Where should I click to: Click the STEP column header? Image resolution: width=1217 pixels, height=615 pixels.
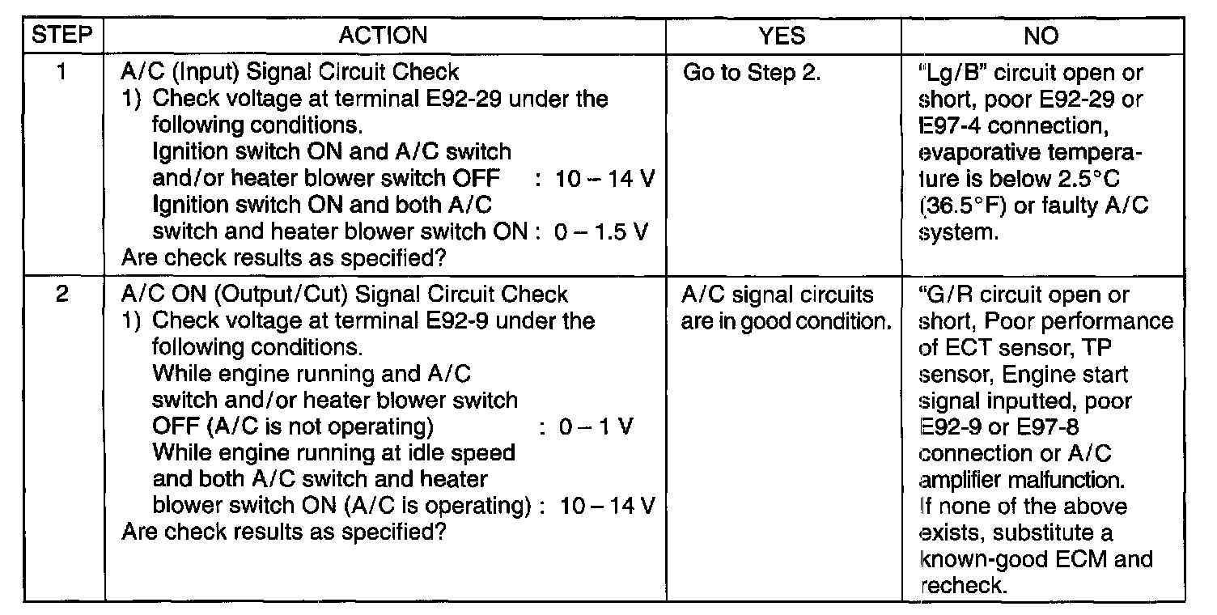(64, 35)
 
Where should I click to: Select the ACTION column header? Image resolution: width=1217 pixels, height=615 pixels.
(384, 35)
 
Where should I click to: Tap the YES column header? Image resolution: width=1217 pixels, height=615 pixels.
(783, 35)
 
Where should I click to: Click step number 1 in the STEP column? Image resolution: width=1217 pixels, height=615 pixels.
(62, 72)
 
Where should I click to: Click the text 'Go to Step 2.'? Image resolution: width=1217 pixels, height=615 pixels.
(753, 73)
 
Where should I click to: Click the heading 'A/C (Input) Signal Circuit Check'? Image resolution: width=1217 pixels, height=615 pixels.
(289, 72)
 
